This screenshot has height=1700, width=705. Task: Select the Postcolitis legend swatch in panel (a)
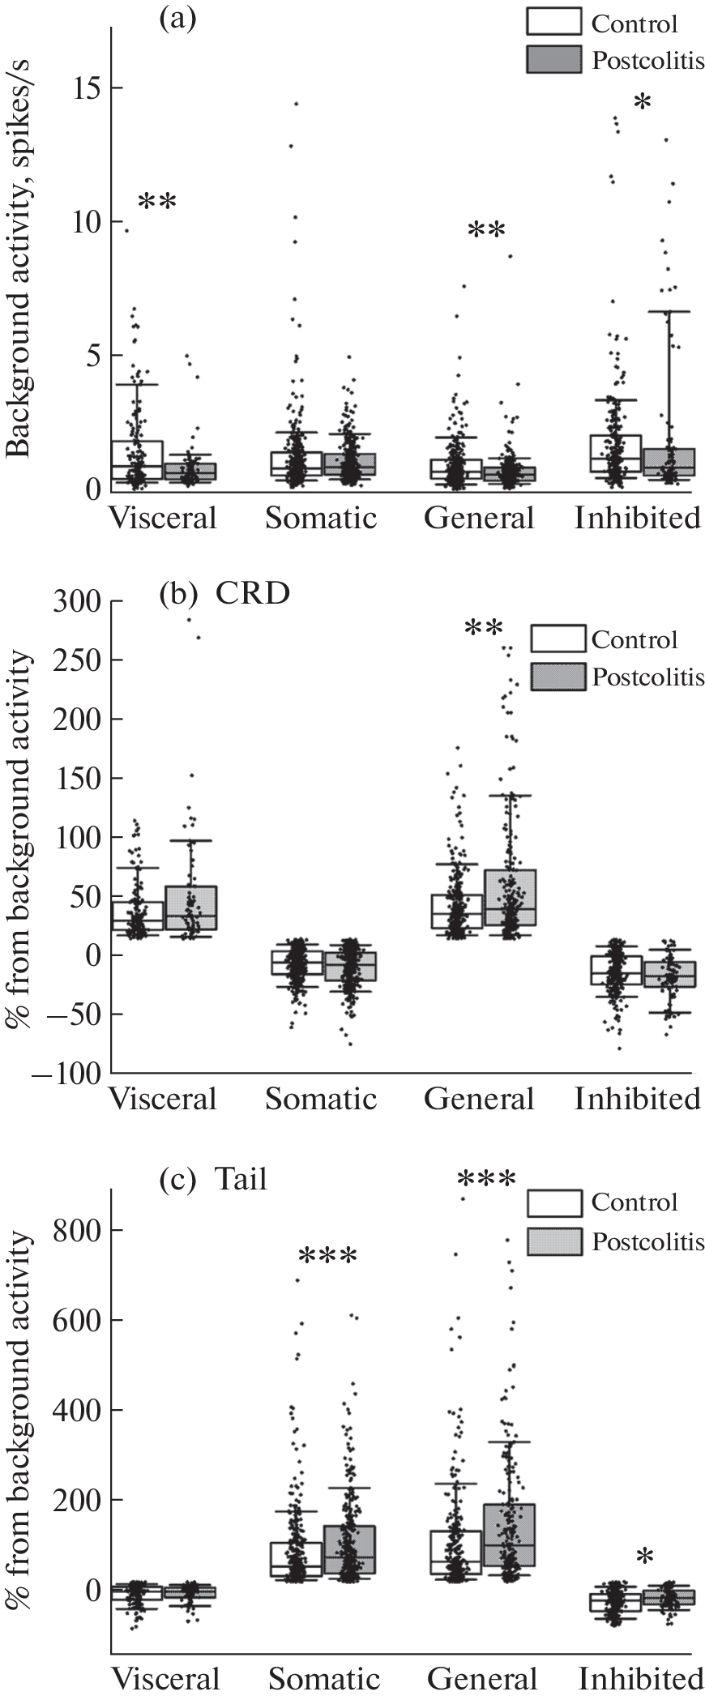tap(553, 60)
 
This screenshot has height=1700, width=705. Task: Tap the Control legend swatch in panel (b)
tap(558, 639)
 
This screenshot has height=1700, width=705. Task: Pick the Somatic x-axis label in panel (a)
tap(321, 517)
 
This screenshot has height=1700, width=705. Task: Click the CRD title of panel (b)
tap(252, 593)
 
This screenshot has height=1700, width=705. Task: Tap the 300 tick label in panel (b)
tap(75, 601)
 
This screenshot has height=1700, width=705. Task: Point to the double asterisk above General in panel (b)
tap(485, 629)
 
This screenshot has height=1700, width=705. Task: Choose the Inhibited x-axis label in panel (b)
tap(638, 1099)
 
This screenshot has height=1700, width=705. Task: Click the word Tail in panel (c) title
tap(240, 1179)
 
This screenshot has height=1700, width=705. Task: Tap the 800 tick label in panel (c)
tap(75, 1230)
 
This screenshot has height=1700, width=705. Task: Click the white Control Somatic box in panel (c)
tap(296, 1561)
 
